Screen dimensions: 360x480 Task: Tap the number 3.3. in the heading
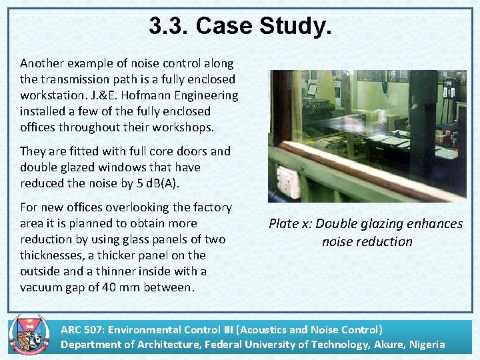tap(169, 26)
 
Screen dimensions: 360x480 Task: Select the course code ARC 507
tap(81, 329)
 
